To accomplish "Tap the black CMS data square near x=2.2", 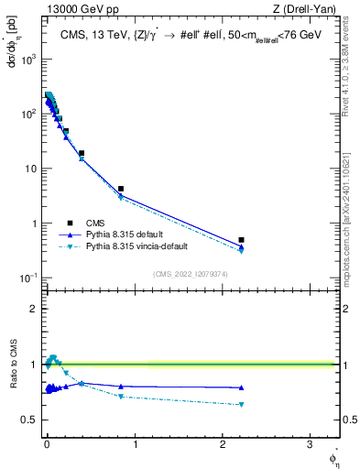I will [241, 240].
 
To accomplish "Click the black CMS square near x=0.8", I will [121, 189].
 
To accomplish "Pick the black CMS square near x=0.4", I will [82, 154].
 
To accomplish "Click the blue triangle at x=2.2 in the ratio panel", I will [241, 387].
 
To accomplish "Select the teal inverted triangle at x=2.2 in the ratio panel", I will [241, 404].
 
